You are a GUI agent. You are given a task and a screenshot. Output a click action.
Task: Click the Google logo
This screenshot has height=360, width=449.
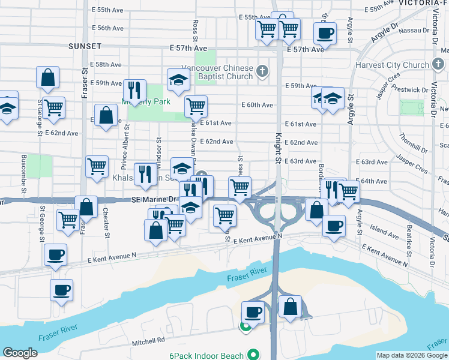[x=20, y=353]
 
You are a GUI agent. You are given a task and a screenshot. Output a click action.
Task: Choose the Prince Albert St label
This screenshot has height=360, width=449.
[x=125, y=144]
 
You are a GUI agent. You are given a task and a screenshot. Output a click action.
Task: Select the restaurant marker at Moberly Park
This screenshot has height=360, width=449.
[x=134, y=90]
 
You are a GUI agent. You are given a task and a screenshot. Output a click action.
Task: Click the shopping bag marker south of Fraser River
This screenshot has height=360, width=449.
[x=290, y=306]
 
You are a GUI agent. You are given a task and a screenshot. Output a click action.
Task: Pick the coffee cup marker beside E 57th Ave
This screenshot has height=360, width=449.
[x=325, y=33]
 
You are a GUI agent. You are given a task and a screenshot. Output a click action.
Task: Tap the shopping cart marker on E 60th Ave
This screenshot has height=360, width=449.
[x=196, y=106]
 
